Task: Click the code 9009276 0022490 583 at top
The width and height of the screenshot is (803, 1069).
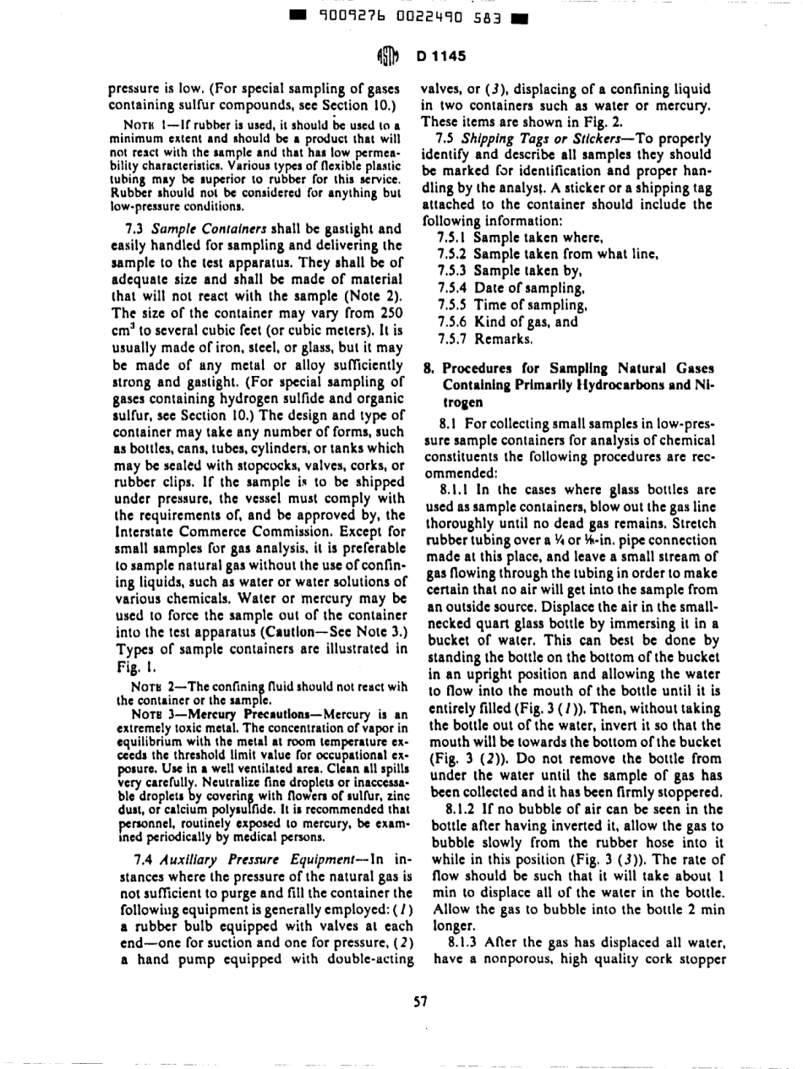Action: point(401,14)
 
